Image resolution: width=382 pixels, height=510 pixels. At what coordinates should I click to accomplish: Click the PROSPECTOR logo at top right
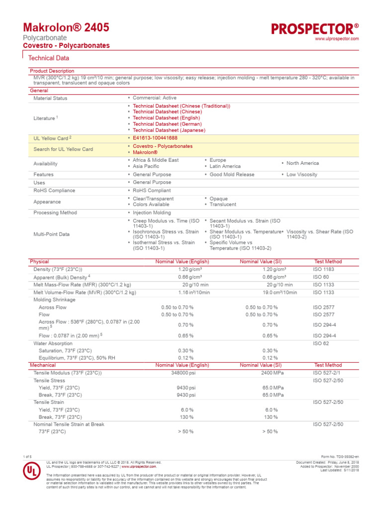pos(315,28)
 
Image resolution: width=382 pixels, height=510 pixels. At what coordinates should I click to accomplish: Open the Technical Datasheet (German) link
pos(166,124)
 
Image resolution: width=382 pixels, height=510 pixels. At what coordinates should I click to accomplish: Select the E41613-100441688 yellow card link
pos(155,137)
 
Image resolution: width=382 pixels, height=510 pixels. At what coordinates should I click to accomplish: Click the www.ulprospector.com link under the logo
pos(337,39)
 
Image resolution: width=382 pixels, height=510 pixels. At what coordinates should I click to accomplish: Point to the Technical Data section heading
pos(49,58)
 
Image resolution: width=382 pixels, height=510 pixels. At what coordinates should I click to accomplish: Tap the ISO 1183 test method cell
pos(324,269)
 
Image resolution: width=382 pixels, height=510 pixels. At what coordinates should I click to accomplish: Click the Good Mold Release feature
pos(232,175)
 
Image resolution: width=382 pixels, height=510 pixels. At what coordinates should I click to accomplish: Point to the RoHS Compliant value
pos(152,191)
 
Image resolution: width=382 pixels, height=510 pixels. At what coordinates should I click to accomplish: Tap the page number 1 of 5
pos(27,457)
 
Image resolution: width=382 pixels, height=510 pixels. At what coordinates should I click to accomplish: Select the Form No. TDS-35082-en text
pos(340,457)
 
